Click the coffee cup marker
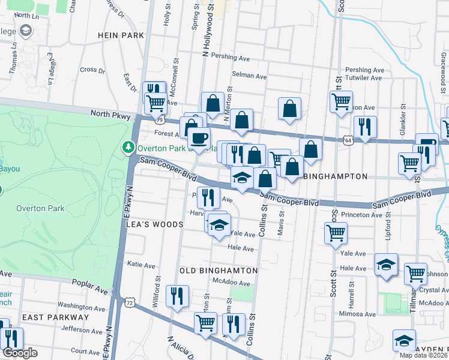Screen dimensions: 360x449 199,139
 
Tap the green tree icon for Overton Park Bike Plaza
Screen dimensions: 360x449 128,147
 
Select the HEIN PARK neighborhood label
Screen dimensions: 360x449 121,36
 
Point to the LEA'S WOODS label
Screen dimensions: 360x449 154,224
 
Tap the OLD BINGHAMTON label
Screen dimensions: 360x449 218,271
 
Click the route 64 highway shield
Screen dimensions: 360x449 348,140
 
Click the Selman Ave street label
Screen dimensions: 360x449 249,76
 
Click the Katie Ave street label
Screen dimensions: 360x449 141,265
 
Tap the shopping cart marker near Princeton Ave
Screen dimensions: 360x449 336,232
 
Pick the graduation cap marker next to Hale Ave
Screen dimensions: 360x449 385,264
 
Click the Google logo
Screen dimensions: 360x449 20,353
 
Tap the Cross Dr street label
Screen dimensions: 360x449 92,70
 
